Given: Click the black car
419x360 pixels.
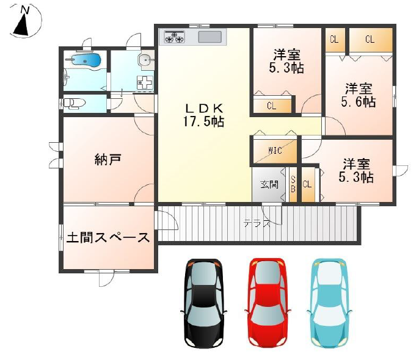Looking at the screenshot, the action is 203,303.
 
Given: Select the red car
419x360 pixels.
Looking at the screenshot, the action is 268,303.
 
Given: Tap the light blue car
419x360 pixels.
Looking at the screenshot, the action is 329,303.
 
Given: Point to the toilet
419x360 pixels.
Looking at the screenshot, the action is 74,104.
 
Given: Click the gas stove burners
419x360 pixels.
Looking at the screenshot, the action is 175,37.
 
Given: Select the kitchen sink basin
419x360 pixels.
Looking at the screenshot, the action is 209,37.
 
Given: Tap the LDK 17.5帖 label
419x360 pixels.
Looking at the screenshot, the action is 203,115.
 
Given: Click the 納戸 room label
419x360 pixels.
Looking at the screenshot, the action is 108,160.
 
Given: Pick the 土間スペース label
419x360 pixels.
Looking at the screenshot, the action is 108,237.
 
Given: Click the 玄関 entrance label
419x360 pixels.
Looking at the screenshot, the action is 269,184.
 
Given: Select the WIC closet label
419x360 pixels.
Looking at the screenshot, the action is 275,151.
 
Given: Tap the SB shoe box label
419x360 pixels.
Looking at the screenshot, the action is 293,184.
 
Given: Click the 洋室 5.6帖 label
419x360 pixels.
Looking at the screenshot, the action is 359,95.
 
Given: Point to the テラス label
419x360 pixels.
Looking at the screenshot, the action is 257,223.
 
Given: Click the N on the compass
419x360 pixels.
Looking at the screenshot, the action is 25,10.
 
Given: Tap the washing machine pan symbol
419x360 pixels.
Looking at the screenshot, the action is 145,82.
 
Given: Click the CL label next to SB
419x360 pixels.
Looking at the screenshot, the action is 307,184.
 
